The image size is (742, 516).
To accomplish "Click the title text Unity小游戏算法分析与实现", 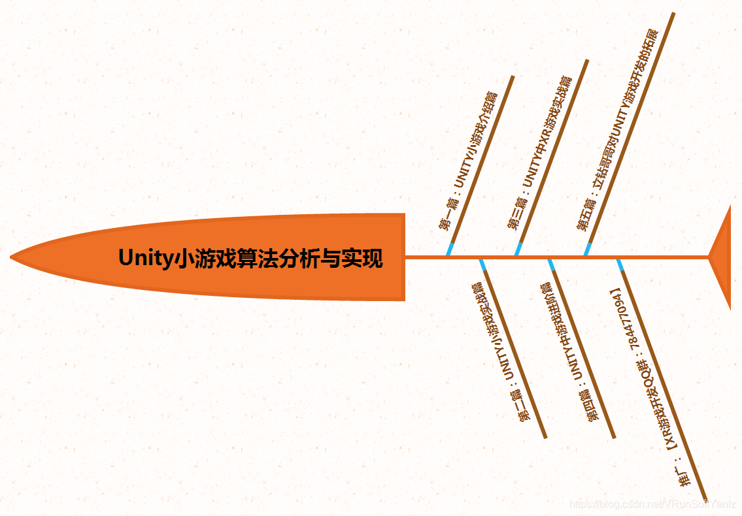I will pyautogui.click(x=250, y=258).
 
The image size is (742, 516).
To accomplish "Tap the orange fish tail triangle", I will pyautogui.click(x=723, y=257).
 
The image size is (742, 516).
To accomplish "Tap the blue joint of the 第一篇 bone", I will pyautogui.click(x=450, y=249).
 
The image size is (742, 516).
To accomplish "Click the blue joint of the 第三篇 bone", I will pyautogui.click(x=518, y=249).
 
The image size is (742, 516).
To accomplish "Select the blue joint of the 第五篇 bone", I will pyautogui.click(x=588, y=249).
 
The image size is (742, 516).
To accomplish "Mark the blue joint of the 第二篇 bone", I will pyautogui.click(x=482, y=265).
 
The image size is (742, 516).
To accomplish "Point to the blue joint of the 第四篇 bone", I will pyautogui.click(x=551, y=265).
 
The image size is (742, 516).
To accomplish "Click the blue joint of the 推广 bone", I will pyautogui.click(x=619, y=265).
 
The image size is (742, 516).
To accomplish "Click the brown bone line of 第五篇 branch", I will pyautogui.click(x=631, y=131).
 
